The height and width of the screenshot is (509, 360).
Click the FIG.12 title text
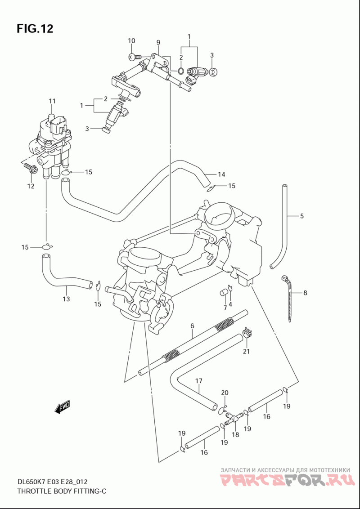35,29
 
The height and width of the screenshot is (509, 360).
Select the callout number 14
221,174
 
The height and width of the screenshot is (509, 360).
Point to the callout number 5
301,216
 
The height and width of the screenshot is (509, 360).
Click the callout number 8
305,293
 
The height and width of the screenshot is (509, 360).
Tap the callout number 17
198,381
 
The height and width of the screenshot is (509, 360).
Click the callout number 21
246,351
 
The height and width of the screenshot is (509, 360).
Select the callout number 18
235,435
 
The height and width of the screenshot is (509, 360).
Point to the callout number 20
225,393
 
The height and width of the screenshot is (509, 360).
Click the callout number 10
131,41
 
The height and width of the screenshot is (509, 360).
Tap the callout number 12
31,186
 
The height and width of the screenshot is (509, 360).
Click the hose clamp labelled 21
246,334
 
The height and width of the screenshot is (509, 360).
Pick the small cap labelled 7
222,294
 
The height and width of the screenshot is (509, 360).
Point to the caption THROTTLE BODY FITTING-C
62,491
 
